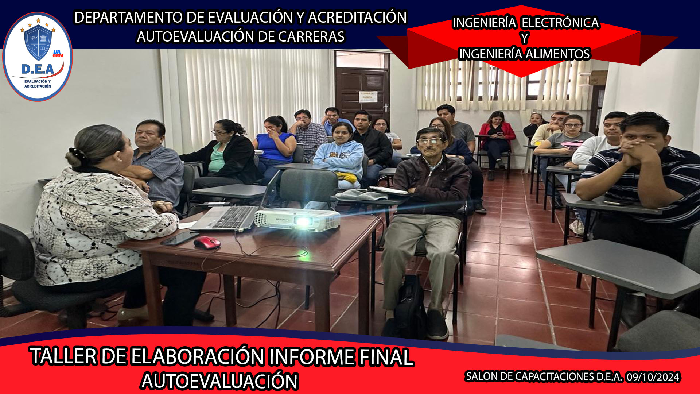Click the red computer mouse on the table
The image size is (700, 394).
click(207, 243)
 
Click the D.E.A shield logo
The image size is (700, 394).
click(38, 57)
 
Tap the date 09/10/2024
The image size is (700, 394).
click(653, 377)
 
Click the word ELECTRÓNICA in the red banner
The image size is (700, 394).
click(560, 23)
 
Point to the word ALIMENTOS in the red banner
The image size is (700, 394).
click(558, 54)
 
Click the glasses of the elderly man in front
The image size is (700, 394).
click(429, 141)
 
